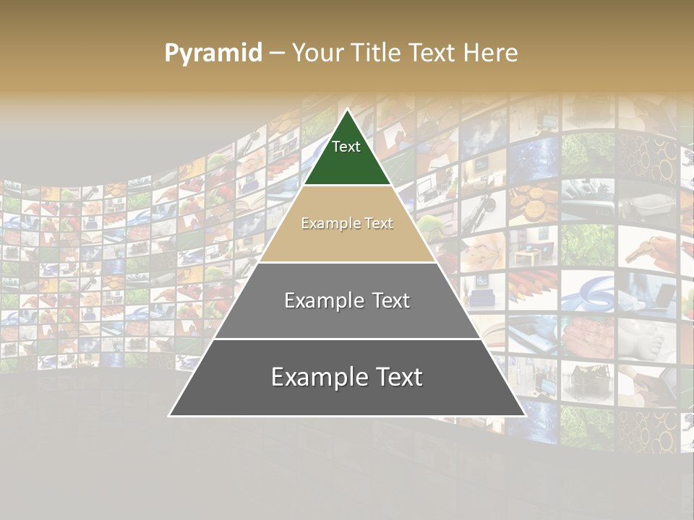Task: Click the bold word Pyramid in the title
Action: (213, 53)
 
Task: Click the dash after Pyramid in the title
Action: (277, 53)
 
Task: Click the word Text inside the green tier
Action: (346, 147)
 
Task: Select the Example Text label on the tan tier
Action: (347, 223)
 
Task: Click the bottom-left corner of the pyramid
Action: (170, 415)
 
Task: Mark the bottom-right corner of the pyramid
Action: (525, 415)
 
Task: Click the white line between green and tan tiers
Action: (347, 186)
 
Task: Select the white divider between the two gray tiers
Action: (347, 339)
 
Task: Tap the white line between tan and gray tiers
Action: (347, 262)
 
